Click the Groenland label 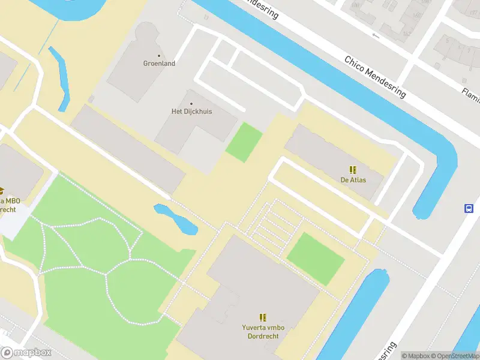point(159,64)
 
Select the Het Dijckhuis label point(191,112)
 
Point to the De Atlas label point(353,180)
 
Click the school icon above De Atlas point(353,170)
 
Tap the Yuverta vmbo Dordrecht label point(263,332)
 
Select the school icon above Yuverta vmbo point(263,317)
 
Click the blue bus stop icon point(469,209)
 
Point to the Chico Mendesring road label point(375,77)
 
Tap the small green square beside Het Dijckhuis point(244,142)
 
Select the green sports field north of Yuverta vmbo point(316,259)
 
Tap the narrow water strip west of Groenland point(60,78)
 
